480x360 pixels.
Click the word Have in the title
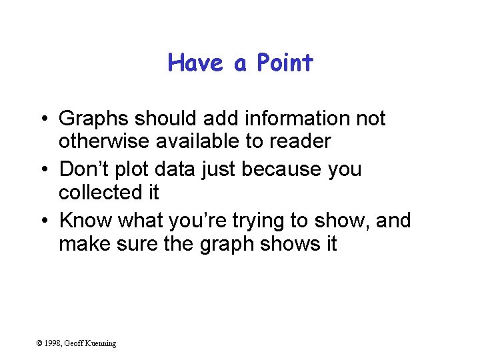[197, 63]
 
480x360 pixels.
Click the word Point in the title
[285, 63]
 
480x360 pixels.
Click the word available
[198, 141]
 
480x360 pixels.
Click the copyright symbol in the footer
[40, 343]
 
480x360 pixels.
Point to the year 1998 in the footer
[53, 343]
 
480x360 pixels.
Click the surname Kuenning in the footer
[100, 343]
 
